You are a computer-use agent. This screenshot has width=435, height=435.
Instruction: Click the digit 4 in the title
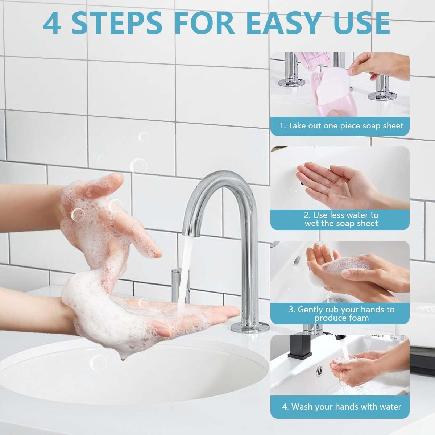coord(52,23)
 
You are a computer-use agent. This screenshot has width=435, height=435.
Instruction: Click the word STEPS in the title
coord(117,23)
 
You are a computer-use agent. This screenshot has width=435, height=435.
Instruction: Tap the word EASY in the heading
coord(284,23)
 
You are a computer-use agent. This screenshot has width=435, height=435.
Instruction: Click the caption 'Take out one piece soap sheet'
coord(345,125)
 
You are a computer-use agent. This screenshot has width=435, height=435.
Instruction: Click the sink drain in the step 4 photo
coord(319,372)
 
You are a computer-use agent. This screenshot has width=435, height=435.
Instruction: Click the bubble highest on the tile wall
coord(144,136)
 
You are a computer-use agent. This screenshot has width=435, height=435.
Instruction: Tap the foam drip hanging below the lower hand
coord(123,357)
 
